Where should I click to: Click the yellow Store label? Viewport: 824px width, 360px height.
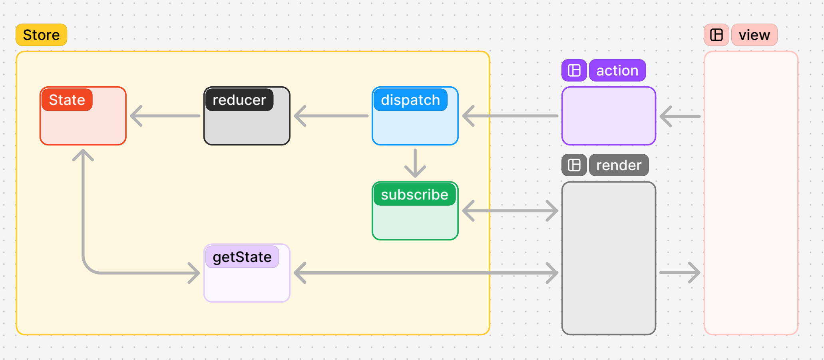coord(41,35)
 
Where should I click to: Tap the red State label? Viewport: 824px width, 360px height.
coord(67,100)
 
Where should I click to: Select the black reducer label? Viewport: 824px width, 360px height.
coord(239,100)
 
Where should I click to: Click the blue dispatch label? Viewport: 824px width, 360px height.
coord(410,100)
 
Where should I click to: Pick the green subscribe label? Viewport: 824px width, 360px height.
coord(414,195)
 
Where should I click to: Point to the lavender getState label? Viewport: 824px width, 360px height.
coord(242,257)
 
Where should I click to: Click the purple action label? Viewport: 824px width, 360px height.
coord(617,70)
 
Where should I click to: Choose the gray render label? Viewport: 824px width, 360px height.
coord(619,165)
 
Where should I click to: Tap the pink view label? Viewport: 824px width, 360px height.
coord(754,35)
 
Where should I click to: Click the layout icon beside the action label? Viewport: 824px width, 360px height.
coord(574,70)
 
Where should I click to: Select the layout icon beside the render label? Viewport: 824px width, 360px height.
coord(574,165)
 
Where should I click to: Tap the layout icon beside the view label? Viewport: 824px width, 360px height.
coord(717,35)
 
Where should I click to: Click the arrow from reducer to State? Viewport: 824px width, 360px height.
coord(165,116)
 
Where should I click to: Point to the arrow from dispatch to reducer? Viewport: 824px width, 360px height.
coord(331,116)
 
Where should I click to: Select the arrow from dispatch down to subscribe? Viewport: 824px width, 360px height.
coord(415,163)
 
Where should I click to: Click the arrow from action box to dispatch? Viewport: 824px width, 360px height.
coord(510,116)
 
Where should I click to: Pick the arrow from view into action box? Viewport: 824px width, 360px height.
coord(680,116)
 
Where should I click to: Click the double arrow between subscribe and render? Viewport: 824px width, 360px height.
coord(510,211)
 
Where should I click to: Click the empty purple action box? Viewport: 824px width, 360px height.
coord(609,116)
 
